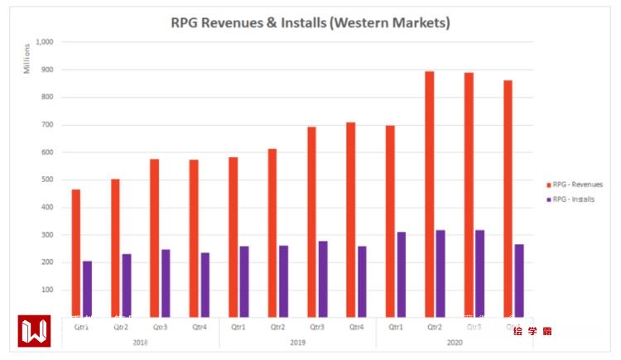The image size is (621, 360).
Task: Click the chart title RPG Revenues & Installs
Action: coord(310,22)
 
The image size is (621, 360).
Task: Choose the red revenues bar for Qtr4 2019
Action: coord(351,219)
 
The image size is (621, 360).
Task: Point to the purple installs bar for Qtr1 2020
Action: coord(402,274)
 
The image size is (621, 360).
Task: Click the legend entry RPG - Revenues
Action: coord(578,184)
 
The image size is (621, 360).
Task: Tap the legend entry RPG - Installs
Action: coord(576,199)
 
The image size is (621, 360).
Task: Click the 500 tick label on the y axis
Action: coord(46,180)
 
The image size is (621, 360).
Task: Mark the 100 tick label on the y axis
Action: coord(46,290)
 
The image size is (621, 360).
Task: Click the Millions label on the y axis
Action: coord(26,57)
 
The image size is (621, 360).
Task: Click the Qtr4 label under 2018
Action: coord(199,327)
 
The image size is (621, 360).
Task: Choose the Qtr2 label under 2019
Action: coord(278,327)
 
